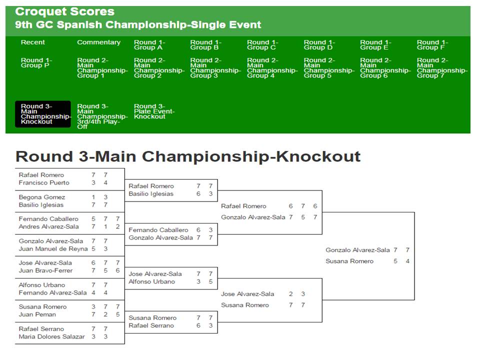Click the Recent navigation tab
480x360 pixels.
click(x=33, y=42)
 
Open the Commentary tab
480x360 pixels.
click(x=98, y=42)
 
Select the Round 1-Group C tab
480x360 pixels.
click(x=262, y=44)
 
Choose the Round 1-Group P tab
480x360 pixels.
click(x=36, y=63)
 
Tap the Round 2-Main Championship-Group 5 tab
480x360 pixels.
click(x=329, y=68)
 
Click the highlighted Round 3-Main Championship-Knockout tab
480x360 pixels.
click(x=43, y=114)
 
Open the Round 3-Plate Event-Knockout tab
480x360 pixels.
click(x=154, y=111)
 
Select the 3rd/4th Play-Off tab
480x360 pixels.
click(x=102, y=116)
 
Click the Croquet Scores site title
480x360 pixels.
click(x=64, y=11)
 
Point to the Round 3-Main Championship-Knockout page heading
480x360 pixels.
click(x=188, y=156)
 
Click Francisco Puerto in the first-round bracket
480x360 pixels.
click(x=44, y=183)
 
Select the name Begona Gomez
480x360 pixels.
click(x=42, y=197)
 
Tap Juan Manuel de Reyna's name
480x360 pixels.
click(x=53, y=249)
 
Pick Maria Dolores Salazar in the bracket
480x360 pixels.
click(x=51, y=336)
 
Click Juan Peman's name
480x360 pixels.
click(x=37, y=314)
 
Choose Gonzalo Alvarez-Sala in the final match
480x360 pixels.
click(x=357, y=250)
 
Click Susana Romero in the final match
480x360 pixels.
click(x=349, y=261)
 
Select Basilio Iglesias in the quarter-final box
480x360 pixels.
click(x=151, y=194)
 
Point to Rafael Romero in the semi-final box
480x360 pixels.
click(x=243, y=206)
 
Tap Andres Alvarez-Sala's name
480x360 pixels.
click(x=48, y=226)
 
